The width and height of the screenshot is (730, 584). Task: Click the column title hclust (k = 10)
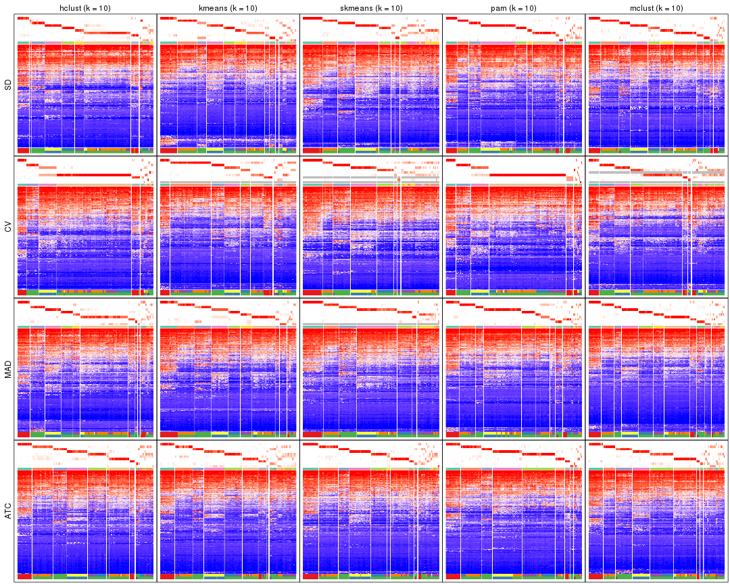tap(85, 7)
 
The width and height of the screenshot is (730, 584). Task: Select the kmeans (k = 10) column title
tap(228, 7)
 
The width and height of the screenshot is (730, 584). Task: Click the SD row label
tap(7, 85)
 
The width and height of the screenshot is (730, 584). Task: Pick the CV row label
tap(7, 227)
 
